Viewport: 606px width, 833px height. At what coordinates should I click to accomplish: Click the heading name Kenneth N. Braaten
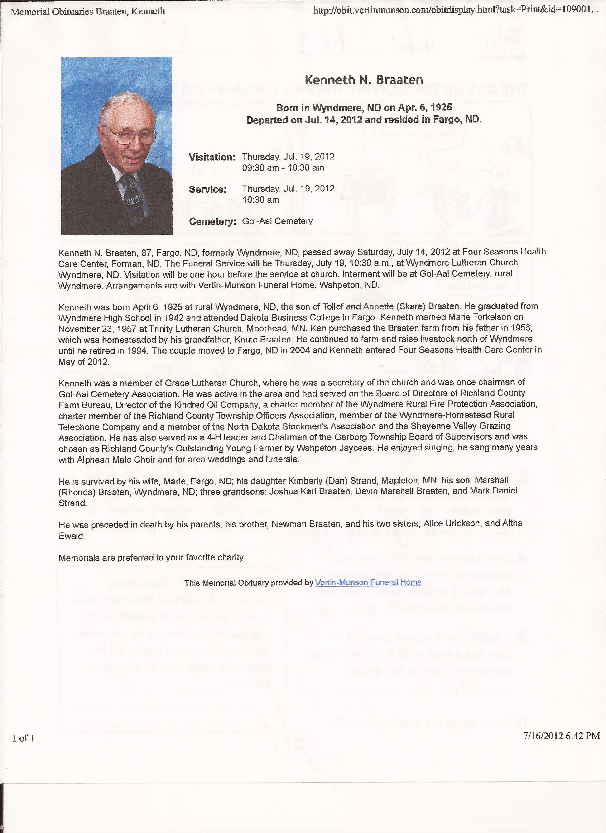(364, 80)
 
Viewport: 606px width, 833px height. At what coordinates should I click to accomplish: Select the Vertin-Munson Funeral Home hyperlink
(368, 582)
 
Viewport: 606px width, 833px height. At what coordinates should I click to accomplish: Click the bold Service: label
(207, 190)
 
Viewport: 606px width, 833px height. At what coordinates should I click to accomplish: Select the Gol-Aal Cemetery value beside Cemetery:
(277, 221)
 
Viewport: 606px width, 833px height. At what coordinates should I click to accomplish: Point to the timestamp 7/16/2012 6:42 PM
(561, 725)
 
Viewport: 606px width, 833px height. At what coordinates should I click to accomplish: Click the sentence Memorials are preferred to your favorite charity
(152, 558)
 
